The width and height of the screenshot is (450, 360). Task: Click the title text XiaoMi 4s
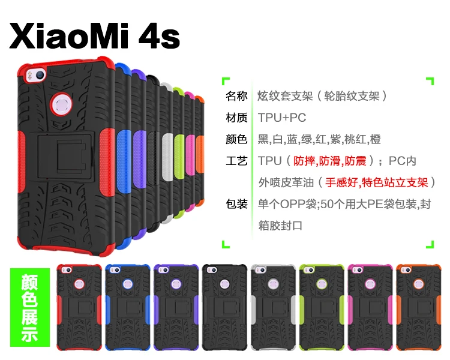coord(95,36)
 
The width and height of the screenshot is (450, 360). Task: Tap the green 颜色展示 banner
coord(30,307)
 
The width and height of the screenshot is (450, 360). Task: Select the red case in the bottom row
coord(79,307)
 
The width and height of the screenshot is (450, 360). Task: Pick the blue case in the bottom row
coord(128,307)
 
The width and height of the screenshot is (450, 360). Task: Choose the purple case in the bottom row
coord(176,307)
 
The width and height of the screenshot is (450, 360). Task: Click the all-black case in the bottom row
coord(225,307)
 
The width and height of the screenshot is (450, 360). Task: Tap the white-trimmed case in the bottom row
coord(273,307)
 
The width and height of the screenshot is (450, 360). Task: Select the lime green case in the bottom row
coord(322,307)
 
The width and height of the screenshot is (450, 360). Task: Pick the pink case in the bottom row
coord(370,307)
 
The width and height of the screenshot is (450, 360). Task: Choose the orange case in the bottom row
coord(419,307)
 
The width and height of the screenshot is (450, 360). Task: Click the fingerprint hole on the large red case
coord(61,104)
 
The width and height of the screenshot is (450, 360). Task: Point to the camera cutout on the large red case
coord(36,75)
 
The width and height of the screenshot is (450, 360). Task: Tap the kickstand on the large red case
coord(66,157)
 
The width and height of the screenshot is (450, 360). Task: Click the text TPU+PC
coord(282,118)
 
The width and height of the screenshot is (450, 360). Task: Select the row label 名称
coord(236,96)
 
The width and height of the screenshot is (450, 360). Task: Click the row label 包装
coord(236,204)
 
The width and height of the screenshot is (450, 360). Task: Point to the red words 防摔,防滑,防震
coord(330,161)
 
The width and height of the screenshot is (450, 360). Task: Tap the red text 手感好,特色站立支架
coord(377,182)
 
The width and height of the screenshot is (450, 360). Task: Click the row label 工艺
coord(236,161)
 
